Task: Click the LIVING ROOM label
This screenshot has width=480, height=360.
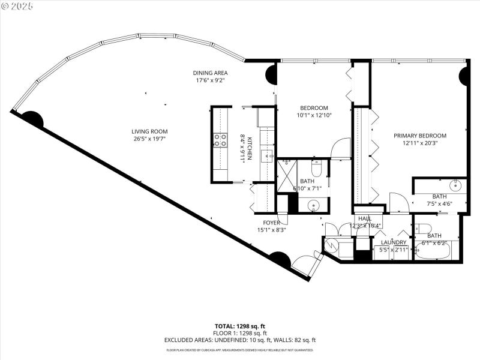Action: click(x=149, y=131)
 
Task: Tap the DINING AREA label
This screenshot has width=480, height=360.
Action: click(x=210, y=73)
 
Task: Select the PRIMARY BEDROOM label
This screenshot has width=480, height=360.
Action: click(x=420, y=136)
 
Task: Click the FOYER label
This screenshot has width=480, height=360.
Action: click(x=271, y=222)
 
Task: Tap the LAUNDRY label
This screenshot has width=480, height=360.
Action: click(x=393, y=242)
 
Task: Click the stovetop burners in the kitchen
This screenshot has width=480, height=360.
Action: click(x=220, y=140)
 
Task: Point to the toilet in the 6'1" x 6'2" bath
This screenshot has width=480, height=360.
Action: click(x=421, y=227)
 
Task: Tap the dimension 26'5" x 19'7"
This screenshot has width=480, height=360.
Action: click(x=149, y=139)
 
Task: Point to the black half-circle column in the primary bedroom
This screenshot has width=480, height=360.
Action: click(x=463, y=76)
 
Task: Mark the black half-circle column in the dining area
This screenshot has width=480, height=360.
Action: click(x=271, y=75)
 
